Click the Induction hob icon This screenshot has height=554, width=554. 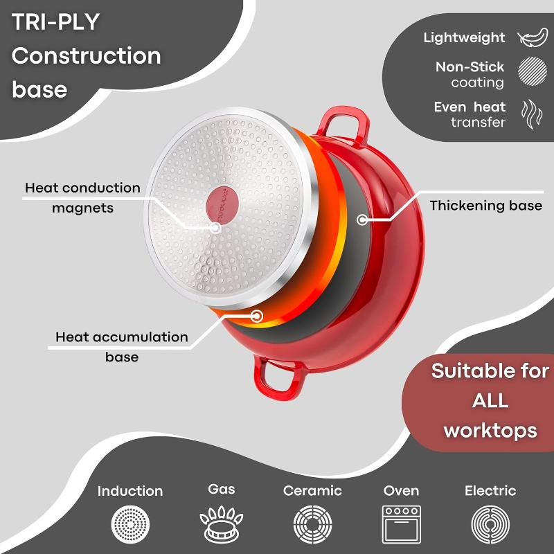click(130, 524)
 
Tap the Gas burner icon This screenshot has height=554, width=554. click(221, 524)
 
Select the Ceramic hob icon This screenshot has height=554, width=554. click(313, 524)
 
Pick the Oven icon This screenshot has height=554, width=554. click(402, 524)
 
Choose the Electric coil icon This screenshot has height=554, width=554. click(490, 524)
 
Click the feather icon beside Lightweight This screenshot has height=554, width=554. click(533, 37)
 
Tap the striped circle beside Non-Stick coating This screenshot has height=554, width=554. click(533, 71)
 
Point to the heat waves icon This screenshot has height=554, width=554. click(532, 114)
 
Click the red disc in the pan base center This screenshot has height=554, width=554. click(222, 205)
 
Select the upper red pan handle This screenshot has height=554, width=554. click(343, 125)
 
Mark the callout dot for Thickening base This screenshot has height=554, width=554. click(361, 220)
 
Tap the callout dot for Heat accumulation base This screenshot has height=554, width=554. click(257, 316)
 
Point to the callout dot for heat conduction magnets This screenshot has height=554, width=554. click(215, 228)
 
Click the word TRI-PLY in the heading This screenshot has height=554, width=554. click(55, 22)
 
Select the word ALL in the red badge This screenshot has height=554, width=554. click(490, 401)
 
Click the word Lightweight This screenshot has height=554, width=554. click(464, 37)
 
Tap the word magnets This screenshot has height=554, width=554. click(82, 208)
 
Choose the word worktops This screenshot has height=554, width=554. click(490, 431)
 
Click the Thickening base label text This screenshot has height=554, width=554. click(486, 206)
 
